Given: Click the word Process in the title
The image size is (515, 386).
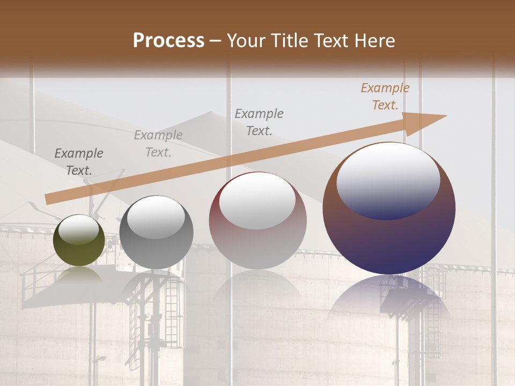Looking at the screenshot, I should coord(168,41).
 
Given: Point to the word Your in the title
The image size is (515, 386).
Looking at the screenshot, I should coord(246,41).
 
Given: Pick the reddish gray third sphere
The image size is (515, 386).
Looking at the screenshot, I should coord(257,221).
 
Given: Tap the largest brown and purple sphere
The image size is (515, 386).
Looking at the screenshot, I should coord(389,209).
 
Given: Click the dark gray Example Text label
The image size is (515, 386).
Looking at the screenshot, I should coord(79,162).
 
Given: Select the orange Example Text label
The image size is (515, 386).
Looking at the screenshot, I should coord(385,96).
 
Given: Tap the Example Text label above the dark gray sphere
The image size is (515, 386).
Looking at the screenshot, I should coord(158,144).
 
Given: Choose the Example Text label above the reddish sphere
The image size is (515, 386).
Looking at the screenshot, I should coord(259,122).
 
